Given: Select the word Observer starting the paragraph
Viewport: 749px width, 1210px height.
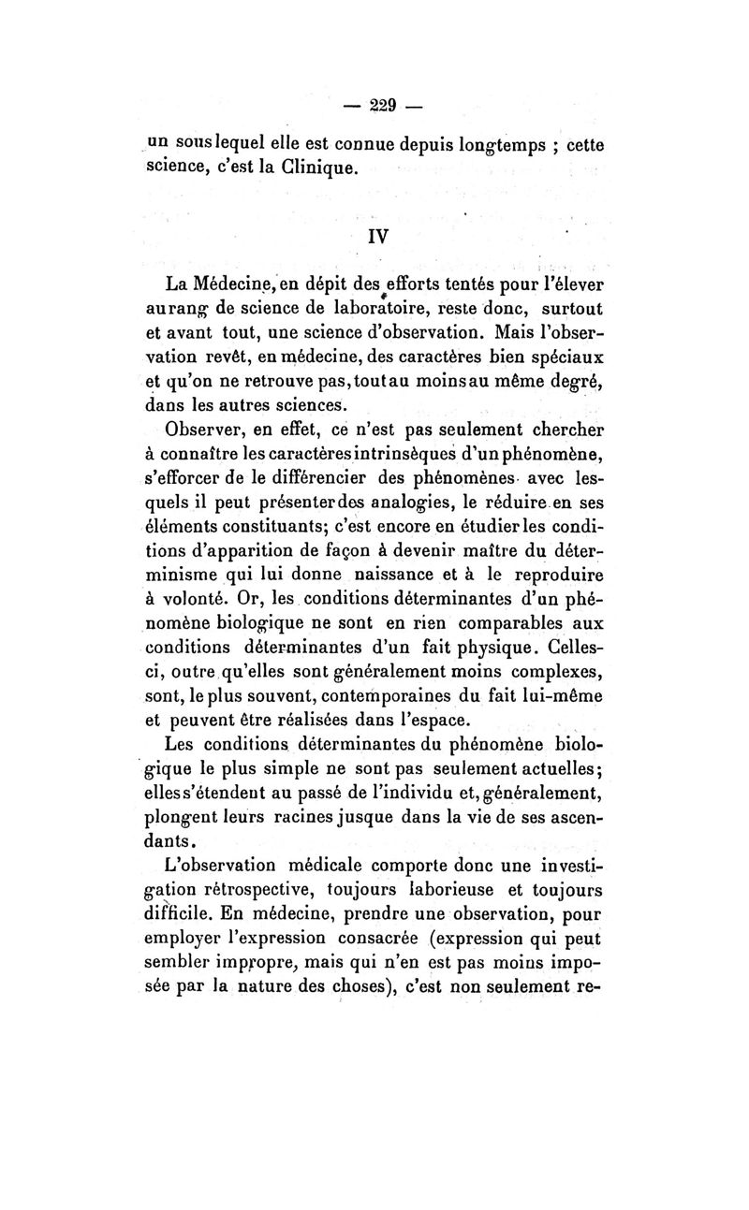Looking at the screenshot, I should click(x=203, y=430).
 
